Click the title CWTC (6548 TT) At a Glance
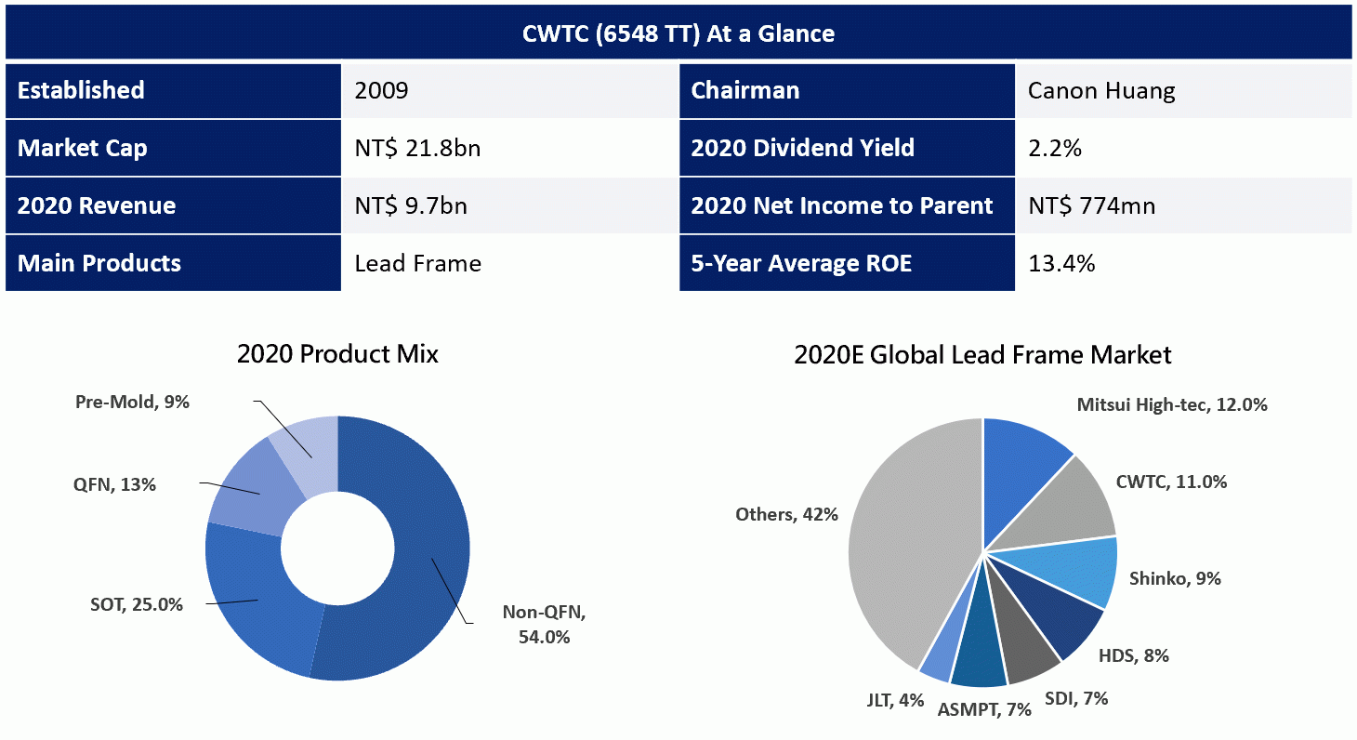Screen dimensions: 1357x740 pos(678,33)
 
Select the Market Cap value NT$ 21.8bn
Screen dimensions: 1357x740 pos(417,148)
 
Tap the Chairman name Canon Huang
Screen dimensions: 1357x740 pos(1101,91)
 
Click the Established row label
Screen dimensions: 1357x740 pos(81,90)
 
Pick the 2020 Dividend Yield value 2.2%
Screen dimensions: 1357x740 pos(1055,148)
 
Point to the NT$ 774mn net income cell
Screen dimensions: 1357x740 pos(1092,205)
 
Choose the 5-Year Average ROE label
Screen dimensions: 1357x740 pos(801,264)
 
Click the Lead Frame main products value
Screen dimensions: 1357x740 pos(418,264)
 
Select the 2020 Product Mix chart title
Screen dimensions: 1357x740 pos(337,354)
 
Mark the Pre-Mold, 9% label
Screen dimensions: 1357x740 pos(132,402)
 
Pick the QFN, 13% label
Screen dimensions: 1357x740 pos(114,484)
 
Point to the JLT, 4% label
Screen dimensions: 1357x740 pos(895,701)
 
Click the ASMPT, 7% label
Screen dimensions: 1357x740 pos(984,709)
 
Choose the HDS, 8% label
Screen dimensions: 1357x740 pos(1134,655)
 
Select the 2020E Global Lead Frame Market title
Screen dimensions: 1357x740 pos(982,354)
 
